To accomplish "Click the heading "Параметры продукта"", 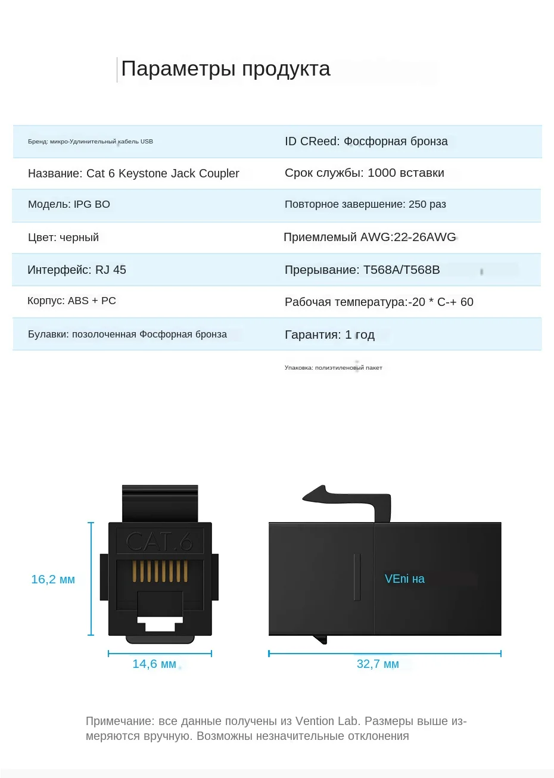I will [225, 69].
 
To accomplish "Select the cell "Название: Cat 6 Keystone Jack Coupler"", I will [133, 173].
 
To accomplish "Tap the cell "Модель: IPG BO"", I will [69, 204].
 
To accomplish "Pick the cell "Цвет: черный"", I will [63, 238].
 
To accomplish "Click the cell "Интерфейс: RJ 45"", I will [77, 270].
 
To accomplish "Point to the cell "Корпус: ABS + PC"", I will [71, 301].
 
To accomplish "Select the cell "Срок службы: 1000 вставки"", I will [364, 173].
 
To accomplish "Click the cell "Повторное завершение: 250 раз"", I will [365, 204].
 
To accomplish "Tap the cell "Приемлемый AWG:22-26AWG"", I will [369, 238].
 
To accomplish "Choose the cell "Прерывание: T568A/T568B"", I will [362, 270].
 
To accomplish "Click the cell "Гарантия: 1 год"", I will [329, 335].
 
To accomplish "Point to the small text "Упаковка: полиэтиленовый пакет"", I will [333, 368].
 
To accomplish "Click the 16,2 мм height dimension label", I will [53, 579].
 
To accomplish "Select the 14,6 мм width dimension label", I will [154, 664].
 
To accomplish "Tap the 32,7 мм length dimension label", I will [378, 664].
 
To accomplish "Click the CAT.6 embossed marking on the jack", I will [160, 542].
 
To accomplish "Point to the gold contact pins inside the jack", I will [160, 571].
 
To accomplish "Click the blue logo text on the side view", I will [404, 579].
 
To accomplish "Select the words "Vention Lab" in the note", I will [327, 721].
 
